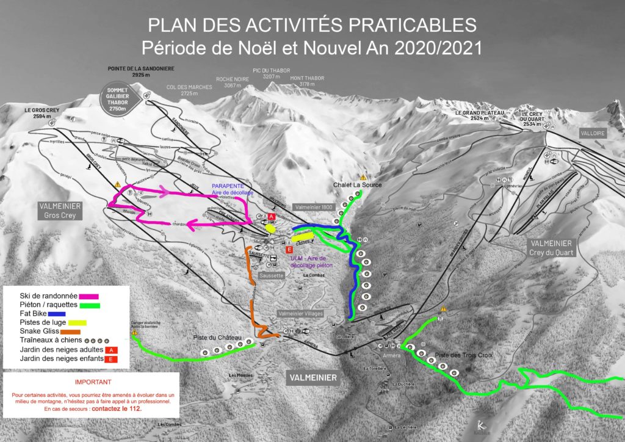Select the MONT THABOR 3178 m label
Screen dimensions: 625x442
[x=307, y=81]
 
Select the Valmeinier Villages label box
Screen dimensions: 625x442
[x=301, y=313]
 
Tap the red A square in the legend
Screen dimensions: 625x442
[x=111, y=350]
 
